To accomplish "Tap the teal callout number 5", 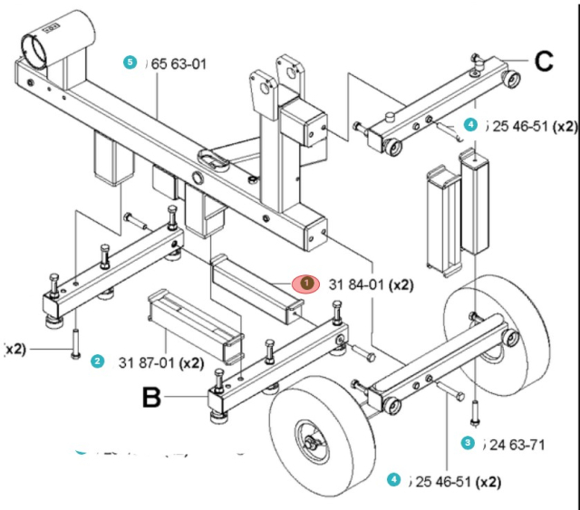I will (130, 63).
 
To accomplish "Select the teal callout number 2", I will (97, 361).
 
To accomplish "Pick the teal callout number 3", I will (468, 443).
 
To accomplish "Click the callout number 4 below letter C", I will (469, 125).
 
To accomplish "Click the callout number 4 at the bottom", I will (392, 479).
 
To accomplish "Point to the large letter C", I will (543, 62).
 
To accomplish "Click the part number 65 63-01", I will (179, 63).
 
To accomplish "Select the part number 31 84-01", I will (353, 284).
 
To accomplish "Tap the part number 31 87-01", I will (148, 362).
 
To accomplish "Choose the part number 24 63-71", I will (516, 444).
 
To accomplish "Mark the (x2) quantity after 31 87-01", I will (191, 362).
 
